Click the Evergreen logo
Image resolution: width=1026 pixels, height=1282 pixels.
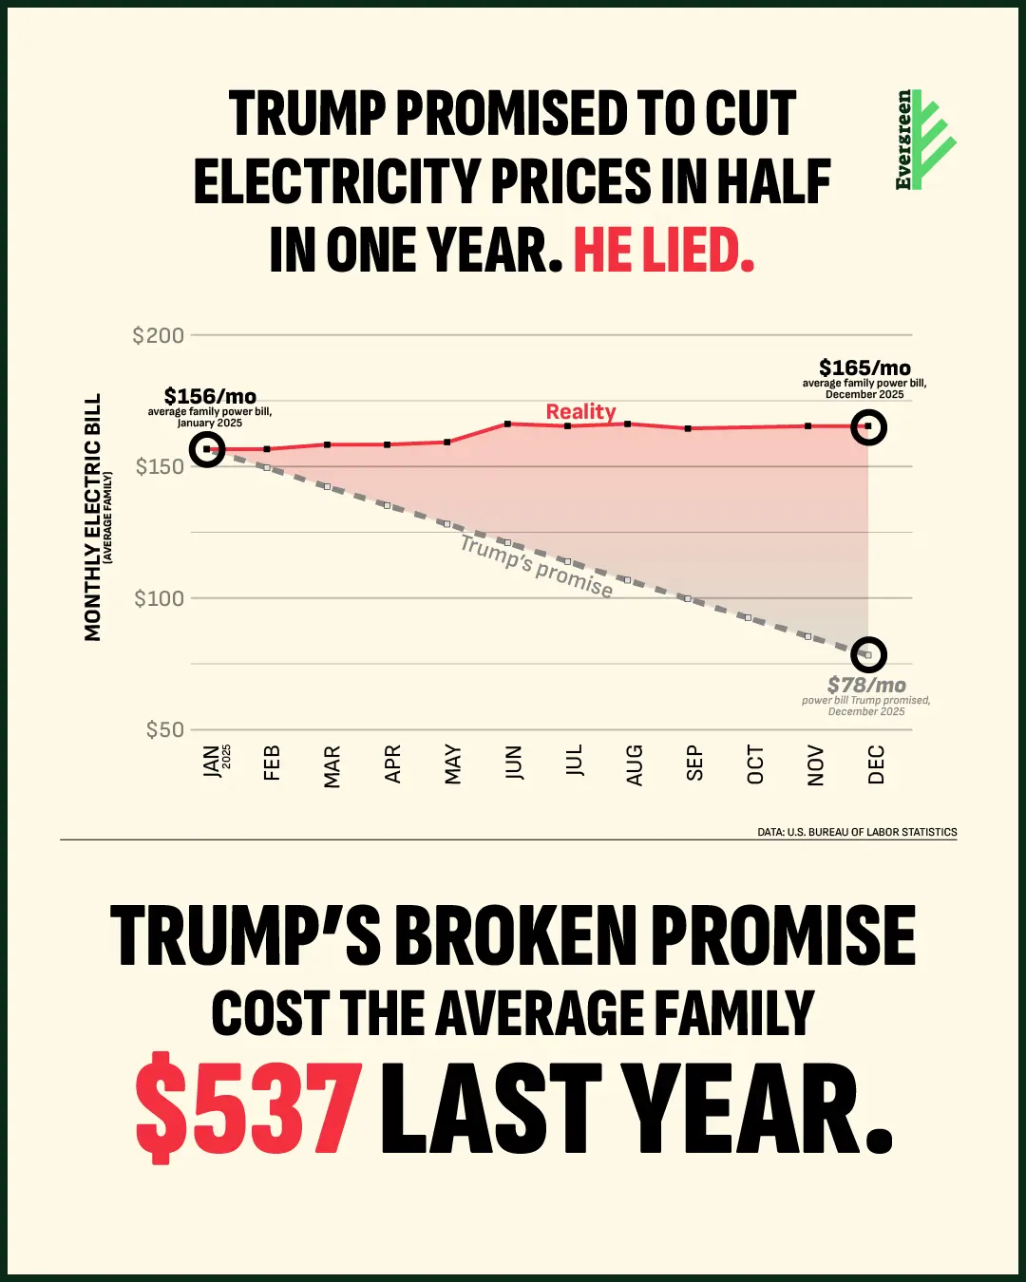pyautogui.click(x=924, y=141)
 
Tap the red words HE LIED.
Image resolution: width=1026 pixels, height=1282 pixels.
pyautogui.click(x=663, y=251)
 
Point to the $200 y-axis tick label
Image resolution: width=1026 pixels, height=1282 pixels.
pyautogui.click(x=159, y=335)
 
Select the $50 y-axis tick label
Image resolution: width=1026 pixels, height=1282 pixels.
pyautogui.click(x=164, y=729)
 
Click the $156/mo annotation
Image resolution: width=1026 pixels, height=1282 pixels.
pyautogui.click(x=210, y=396)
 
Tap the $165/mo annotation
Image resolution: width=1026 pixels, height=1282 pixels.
pyautogui.click(x=864, y=368)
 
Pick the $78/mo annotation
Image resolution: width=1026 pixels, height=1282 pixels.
pyautogui.click(x=866, y=685)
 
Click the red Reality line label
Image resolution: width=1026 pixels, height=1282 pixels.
pyautogui.click(x=580, y=411)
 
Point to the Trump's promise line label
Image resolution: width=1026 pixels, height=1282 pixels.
pyautogui.click(x=537, y=566)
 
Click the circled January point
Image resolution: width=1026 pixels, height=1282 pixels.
pyautogui.click(x=207, y=449)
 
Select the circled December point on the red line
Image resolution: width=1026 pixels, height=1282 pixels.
pyautogui.click(x=868, y=426)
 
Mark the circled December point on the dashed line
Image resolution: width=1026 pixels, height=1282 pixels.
pyautogui.click(x=868, y=654)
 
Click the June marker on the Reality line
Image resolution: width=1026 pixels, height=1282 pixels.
pyautogui.click(x=508, y=424)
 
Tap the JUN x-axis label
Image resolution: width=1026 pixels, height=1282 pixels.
pyautogui.click(x=514, y=763)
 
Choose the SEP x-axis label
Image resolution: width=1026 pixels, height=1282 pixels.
pyautogui.click(x=694, y=763)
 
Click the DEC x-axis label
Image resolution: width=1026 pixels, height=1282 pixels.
pyautogui.click(x=876, y=764)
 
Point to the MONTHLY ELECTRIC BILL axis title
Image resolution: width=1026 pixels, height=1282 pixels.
pyautogui.click(x=92, y=518)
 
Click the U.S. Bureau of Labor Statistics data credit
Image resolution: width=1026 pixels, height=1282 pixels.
pyautogui.click(x=857, y=832)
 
